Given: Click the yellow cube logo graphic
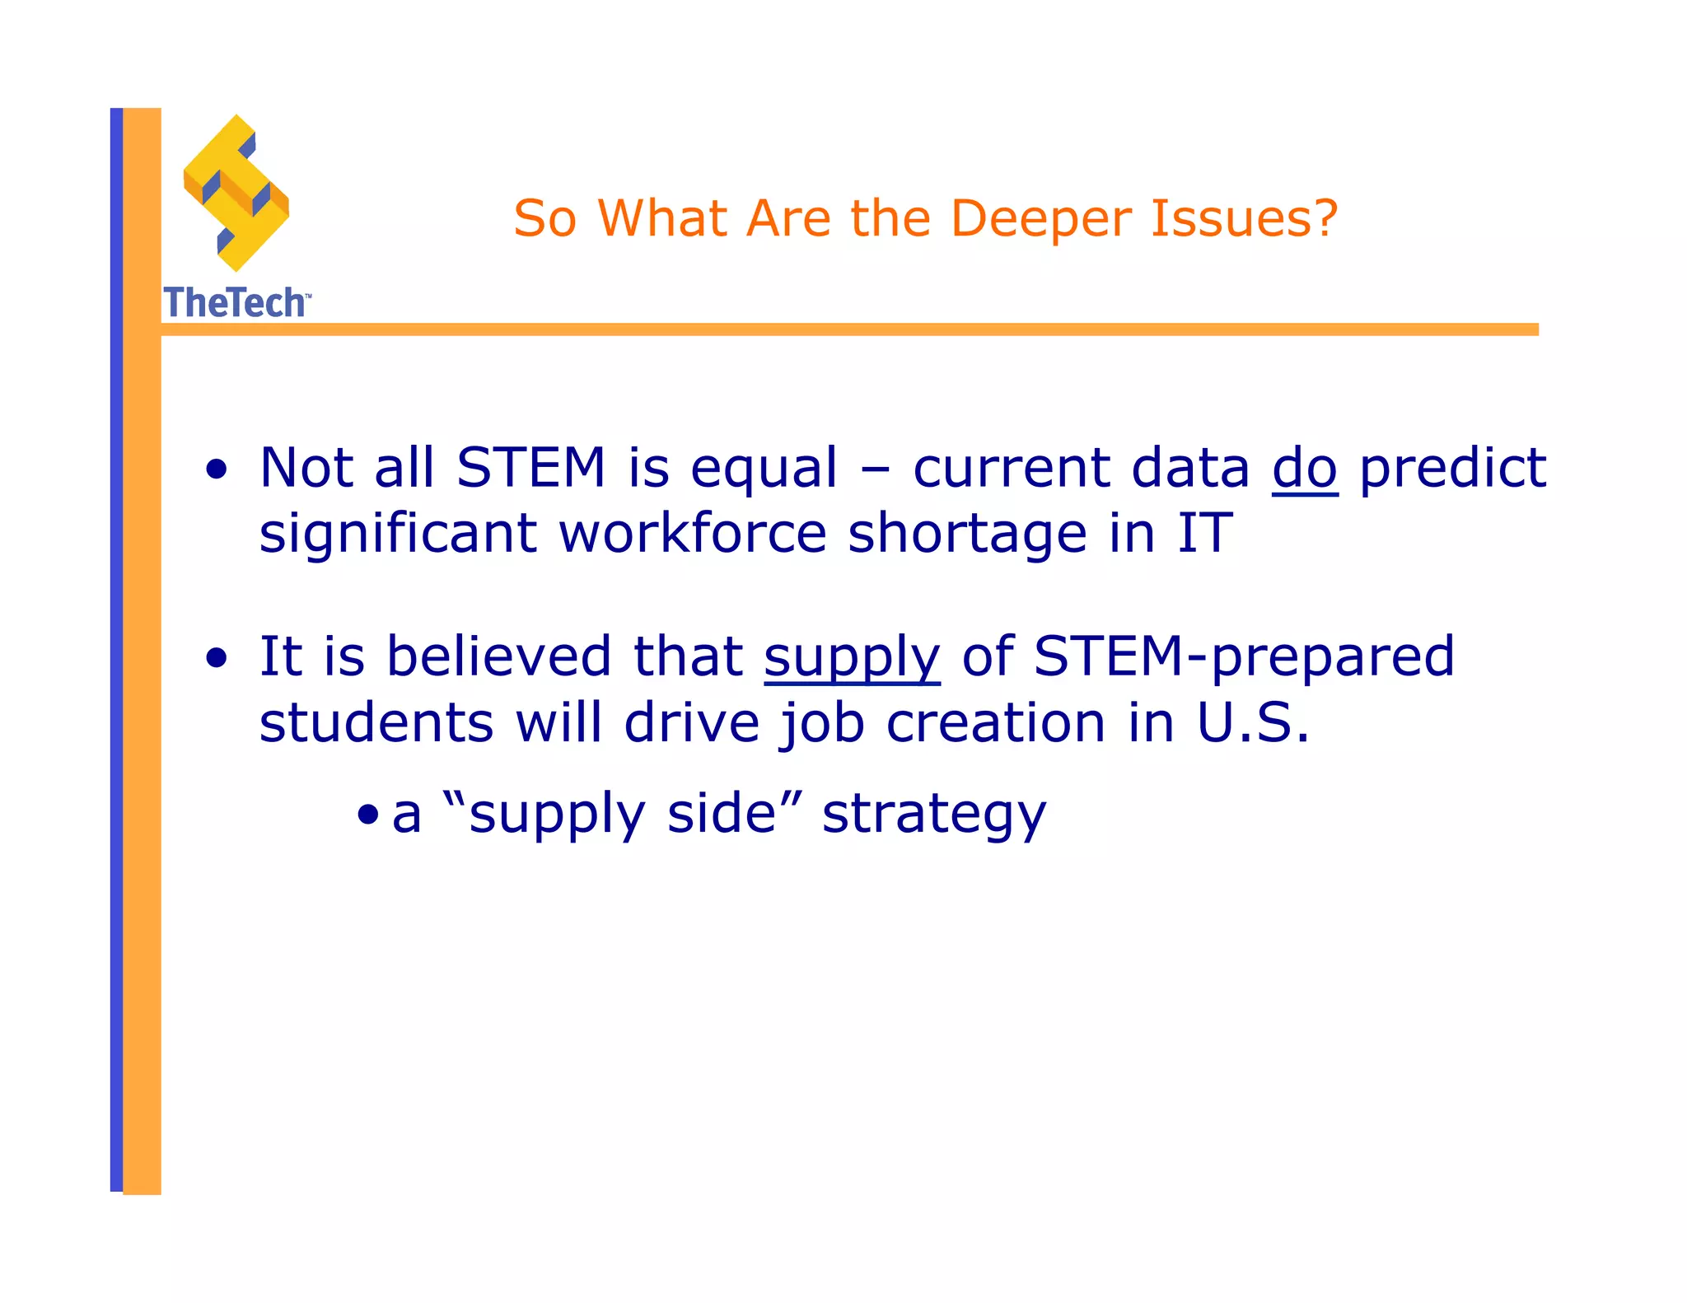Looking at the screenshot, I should click(x=236, y=194).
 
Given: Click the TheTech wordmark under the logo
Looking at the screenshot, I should click(x=236, y=303).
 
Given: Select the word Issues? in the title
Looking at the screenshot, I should click(x=1244, y=219).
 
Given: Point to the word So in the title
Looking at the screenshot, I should click(x=544, y=219).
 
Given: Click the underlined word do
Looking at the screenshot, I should click(x=1305, y=469).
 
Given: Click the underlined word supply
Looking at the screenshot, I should click(x=852, y=658).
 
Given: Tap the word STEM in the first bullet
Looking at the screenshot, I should click(x=531, y=468).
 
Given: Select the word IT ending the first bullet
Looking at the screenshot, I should click(x=1204, y=534).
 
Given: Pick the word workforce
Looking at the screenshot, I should click(x=692, y=534).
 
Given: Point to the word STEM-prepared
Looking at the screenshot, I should click(x=1244, y=658).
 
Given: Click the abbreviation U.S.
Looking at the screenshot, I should click(x=1252, y=723).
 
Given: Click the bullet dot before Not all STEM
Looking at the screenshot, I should click(x=217, y=470).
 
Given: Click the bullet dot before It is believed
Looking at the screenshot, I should click(x=217, y=659).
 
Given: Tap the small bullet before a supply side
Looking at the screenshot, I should click(x=368, y=816).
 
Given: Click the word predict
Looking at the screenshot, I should click(x=1452, y=469).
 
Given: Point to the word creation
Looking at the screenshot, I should click(x=995, y=723).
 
